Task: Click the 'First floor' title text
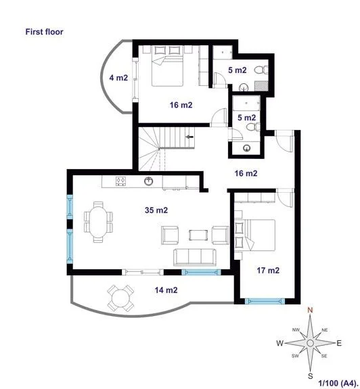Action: [x=45, y=32]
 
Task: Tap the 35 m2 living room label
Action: [x=156, y=210]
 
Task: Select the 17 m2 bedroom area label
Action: [x=268, y=270]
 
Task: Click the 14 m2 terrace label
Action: [x=166, y=290]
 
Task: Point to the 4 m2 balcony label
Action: [x=118, y=78]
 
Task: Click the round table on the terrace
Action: [x=120, y=298]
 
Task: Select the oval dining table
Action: [x=98, y=222]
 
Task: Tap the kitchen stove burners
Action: [x=121, y=181]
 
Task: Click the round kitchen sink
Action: [x=149, y=181]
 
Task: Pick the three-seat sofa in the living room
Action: [x=194, y=257]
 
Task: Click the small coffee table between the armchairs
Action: [x=198, y=235]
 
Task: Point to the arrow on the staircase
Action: [x=189, y=137]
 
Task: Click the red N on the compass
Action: [x=310, y=310]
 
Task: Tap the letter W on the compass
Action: [x=280, y=343]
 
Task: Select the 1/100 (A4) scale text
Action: [x=338, y=383]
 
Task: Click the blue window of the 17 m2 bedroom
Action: [x=265, y=301]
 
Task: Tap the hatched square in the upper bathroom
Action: [x=261, y=86]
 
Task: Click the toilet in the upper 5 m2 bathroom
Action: [x=261, y=70]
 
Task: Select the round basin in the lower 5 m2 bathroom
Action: [x=246, y=148]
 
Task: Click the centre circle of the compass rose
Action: [x=310, y=343]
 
